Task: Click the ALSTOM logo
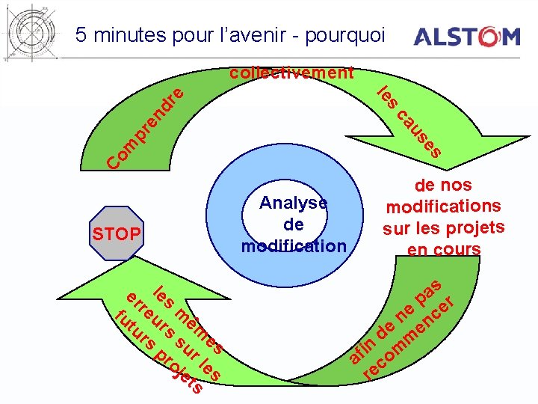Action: (466, 37)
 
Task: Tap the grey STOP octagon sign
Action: (116, 234)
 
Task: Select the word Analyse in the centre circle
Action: (293, 203)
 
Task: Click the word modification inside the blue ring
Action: (294, 246)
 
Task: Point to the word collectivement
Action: (291, 73)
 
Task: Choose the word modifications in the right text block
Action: (443, 206)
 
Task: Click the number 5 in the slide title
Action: (81, 35)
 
